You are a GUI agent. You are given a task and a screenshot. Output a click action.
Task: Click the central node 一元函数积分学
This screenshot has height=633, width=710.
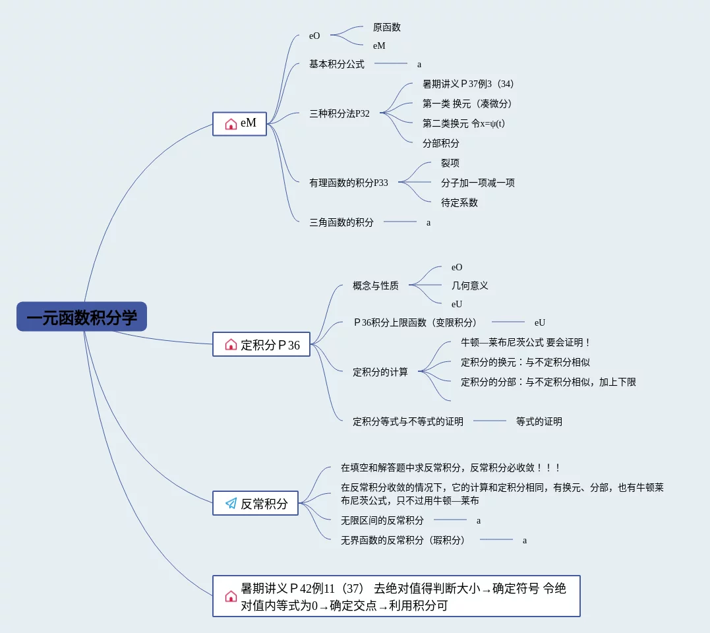tap(82, 317)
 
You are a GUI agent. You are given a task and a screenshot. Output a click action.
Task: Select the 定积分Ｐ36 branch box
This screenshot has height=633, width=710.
tap(261, 344)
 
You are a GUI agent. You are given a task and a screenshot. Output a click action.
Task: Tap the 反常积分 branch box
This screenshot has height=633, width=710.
tap(255, 503)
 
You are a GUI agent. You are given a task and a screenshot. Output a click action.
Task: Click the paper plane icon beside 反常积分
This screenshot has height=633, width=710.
tap(231, 503)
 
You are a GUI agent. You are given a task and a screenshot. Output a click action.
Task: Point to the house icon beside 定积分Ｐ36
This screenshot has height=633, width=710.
tap(231, 344)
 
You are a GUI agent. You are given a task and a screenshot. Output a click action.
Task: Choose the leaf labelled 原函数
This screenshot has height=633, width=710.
tap(386, 27)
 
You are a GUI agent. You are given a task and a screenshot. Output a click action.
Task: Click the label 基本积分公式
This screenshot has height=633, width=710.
tap(336, 64)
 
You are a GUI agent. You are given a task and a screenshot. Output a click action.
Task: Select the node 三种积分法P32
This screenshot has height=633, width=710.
tap(339, 113)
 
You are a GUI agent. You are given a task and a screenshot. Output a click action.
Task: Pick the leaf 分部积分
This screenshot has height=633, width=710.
tap(440, 142)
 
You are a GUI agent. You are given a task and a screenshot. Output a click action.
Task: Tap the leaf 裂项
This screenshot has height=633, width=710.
tap(450, 163)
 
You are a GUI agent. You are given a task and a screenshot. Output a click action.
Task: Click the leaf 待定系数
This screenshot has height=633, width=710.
tap(459, 202)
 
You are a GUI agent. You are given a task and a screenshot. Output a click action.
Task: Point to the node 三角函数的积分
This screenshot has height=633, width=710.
tap(341, 222)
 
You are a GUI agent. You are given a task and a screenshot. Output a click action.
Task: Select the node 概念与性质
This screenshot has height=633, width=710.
tap(375, 286)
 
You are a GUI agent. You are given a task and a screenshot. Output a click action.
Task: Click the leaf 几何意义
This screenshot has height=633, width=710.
tap(469, 286)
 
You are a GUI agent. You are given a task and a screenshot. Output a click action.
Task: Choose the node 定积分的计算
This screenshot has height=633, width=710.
tap(380, 372)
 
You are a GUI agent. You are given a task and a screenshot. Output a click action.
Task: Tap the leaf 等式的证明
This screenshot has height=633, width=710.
tap(539, 421)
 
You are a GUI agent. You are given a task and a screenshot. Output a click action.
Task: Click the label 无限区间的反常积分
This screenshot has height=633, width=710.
tap(382, 520)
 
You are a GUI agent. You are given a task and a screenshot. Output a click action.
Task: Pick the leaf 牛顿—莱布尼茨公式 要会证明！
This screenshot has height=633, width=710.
tap(525, 342)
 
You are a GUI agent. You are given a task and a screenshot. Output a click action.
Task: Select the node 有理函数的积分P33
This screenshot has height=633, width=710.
tap(348, 183)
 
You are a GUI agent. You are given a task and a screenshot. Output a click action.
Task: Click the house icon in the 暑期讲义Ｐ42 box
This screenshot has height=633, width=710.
tap(231, 596)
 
